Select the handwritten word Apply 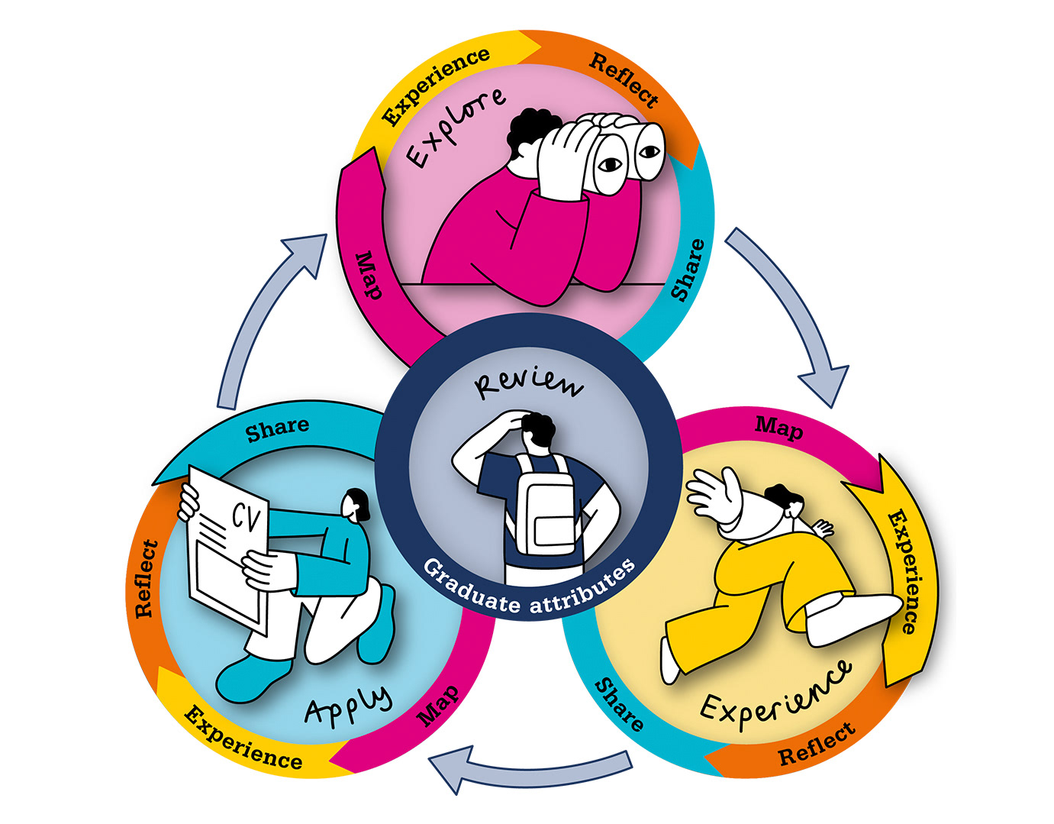348,703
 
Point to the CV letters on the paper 247,519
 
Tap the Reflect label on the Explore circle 624,81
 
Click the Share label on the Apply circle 277,429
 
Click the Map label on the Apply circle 439,705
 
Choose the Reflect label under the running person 816,745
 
